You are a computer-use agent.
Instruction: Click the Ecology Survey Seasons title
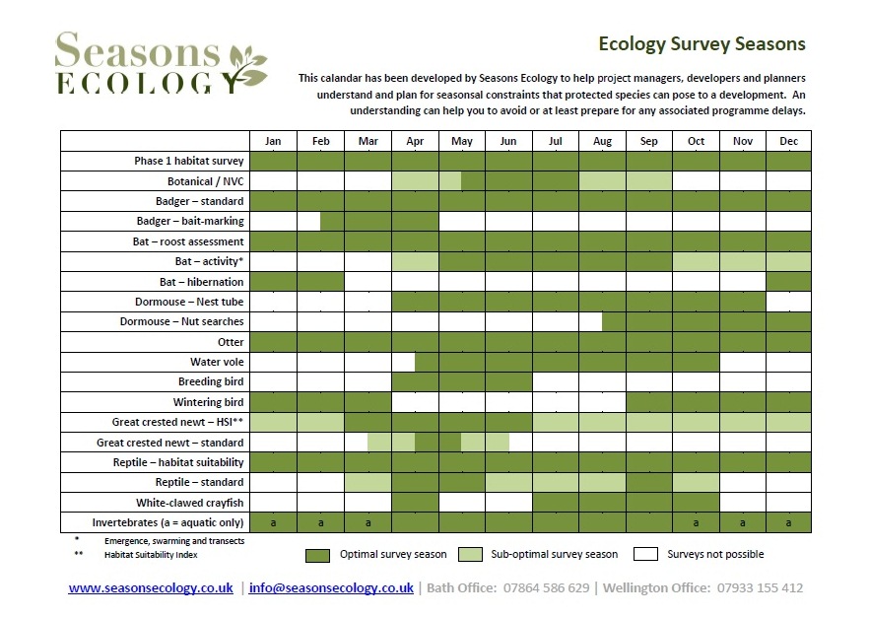[702, 43]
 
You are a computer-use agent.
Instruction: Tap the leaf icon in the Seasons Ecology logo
[247, 68]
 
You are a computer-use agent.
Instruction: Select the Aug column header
[602, 141]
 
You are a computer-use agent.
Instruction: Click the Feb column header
[320, 141]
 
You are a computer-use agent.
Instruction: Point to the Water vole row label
[217, 362]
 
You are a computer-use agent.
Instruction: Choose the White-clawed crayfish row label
[189, 503]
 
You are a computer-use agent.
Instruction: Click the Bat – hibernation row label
[201, 282]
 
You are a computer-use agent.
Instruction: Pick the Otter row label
[231, 342]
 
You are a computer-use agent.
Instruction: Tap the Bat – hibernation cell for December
[788, 282]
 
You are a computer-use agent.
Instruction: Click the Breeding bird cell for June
[508, 382]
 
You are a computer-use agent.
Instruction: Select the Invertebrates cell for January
[273, 522]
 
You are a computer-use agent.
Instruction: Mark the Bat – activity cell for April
[415, 261]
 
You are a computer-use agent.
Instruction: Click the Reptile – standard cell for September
[649, 482]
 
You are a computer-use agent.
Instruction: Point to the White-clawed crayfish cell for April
[415, 503]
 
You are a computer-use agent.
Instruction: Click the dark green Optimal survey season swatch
[317, 556]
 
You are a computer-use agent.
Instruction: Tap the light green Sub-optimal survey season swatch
[471, 554]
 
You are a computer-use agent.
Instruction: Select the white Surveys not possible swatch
[645, 554]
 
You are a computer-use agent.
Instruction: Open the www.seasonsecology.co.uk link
[151, 588]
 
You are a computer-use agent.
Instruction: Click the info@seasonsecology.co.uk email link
[331, 588]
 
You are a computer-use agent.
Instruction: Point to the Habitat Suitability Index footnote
[151, 555]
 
